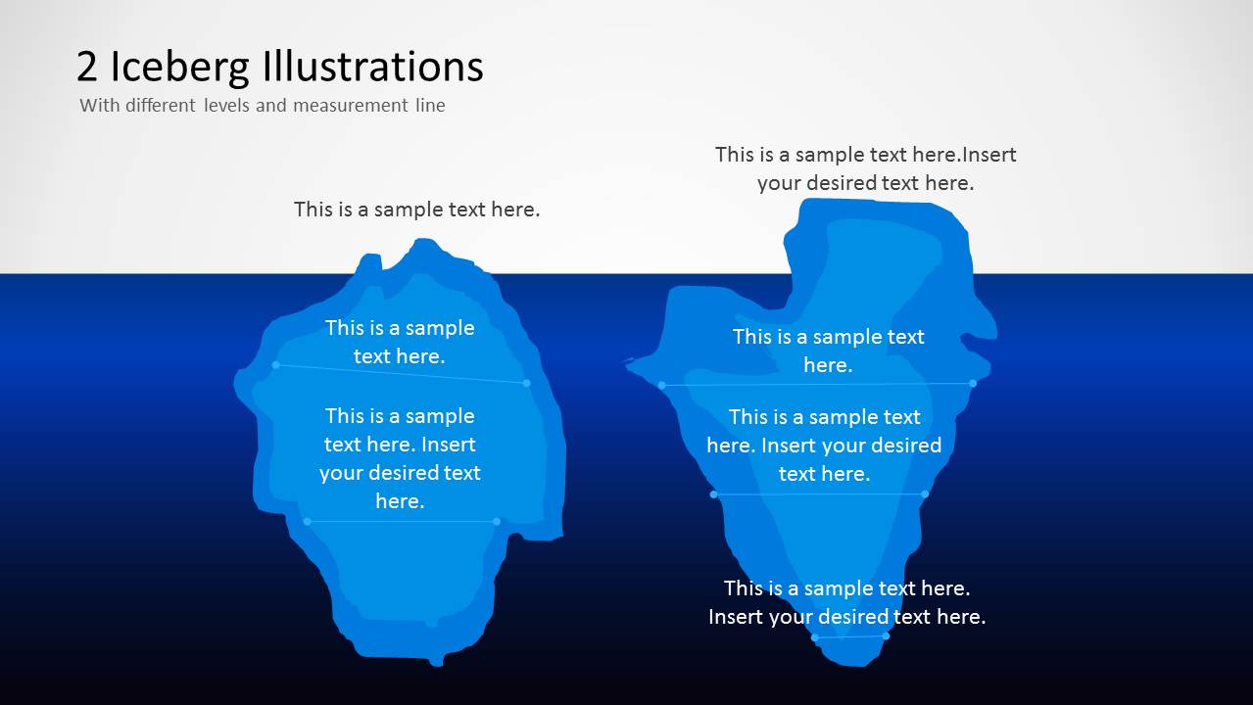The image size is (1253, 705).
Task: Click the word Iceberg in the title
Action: [x=179, y=69]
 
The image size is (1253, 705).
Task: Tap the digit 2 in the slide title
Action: [x=87, y=67]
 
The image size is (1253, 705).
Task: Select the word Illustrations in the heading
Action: [x=372, y=66]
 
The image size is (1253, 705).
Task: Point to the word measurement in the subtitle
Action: [x=350, y=105]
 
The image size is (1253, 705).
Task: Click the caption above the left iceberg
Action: [x=416, y=210]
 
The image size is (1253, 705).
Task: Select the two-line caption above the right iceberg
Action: [x=865, y=168]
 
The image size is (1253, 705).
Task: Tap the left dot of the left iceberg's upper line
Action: [x=275, y=365]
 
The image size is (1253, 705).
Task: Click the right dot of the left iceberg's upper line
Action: [x=526, y=383]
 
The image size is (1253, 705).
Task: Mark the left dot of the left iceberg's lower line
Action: [x=307, y=522]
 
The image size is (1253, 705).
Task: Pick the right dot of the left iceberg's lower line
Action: [x=497, y=522]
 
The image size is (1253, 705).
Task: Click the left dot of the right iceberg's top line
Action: [x=661, y=385]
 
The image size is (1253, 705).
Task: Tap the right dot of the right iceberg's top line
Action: [x=973, y=384]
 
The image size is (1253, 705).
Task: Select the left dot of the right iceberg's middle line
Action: [x=714, y=494]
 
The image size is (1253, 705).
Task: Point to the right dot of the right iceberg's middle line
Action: [x=925, y=494]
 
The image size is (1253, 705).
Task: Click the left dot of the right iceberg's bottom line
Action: [x=815, y=637]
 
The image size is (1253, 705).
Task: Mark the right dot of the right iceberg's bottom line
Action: [x=886, y=636]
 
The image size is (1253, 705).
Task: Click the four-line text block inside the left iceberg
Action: [x=400, y=458]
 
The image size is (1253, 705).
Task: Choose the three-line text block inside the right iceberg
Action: [x=824, y=445]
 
